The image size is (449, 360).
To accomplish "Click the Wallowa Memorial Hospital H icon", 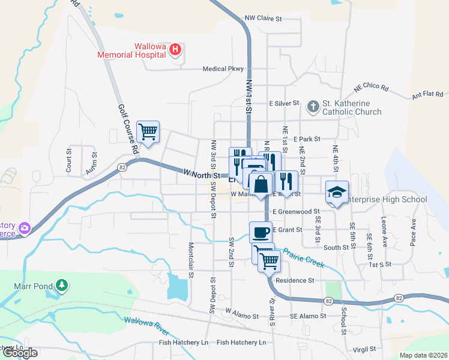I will click(x=175, y=49).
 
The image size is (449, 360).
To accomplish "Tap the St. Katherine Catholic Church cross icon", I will click(x=313, y=107).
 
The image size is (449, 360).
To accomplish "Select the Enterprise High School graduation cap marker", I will click(x=337, y=192).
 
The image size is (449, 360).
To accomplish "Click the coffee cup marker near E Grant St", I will click(x=261, y=231).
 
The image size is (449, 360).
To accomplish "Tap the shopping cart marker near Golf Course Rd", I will click(x=148, y=130).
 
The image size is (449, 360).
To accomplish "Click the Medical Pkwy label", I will click(x=223, y=69).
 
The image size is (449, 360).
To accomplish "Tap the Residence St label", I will click(x=295, y=280).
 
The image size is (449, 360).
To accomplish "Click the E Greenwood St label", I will click(x=296, y=212).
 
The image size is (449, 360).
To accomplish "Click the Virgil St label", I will click(x=364, y=349).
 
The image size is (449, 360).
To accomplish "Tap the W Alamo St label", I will click(x=241, y=313).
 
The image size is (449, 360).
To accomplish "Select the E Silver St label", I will click(x=284, y=104).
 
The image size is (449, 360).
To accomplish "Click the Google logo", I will click(x=20, y=353).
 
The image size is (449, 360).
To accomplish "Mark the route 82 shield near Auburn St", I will click(x=122, y=167).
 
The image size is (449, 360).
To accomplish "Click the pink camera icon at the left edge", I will click(x=25, y=227).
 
